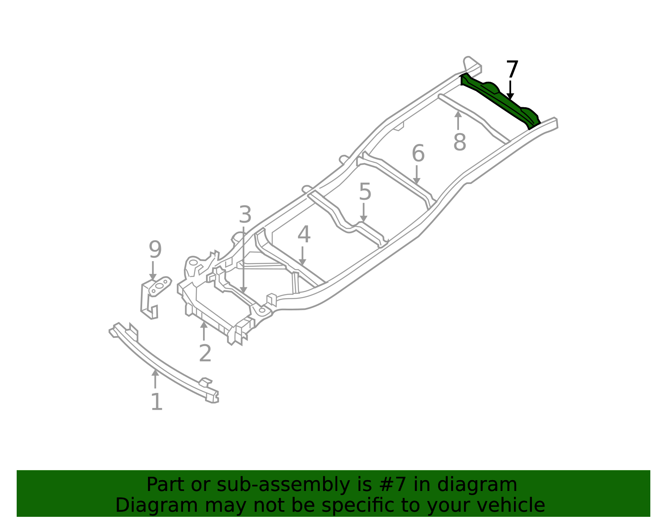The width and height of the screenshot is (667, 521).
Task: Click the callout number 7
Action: (512, 69)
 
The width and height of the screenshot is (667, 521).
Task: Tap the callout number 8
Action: (459, 142)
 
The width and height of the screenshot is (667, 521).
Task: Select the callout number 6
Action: (418, 153)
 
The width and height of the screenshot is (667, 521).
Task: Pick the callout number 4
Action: (303, 234)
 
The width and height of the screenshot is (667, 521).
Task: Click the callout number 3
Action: (245, 214)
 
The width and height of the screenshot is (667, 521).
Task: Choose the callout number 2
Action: (205, 353)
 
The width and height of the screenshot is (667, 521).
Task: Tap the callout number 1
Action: (157, 402)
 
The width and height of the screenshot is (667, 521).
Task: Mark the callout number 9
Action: (155, 249)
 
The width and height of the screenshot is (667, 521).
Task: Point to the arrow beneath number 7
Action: (510, 90)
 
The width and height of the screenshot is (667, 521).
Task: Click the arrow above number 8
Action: (458, 121)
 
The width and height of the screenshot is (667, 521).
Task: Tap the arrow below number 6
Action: (416, 175)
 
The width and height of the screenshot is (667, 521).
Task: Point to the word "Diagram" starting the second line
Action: (157, 506)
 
